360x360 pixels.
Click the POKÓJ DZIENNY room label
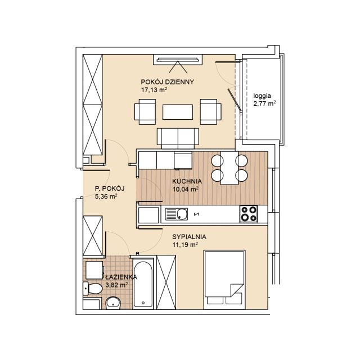click(x=168, y=82)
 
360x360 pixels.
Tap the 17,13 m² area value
click(x=154, y=90)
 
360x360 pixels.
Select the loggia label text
click(x=262, y=96)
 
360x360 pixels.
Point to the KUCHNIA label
click(x=187, y=181)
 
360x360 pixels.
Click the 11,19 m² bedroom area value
click(x=185, y=245)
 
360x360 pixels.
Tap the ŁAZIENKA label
click(x=121, y=277)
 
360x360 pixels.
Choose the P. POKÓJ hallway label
click(x=110, y=188)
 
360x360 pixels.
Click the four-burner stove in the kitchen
click(x=249, y=214)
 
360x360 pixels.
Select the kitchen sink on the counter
click(x=176, y=214)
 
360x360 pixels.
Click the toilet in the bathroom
click(x=92, y=289)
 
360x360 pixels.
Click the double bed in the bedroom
click(x=224, y=280)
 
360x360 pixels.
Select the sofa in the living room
click(x=178, y=138)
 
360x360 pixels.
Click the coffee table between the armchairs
click(x=178, y=112)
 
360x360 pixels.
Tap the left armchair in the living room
click(x=145, y=112)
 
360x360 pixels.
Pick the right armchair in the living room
click(x=211, y=112)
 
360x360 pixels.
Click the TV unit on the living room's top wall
click(x=178, y=60)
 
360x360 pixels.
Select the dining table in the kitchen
click(x=229, y=168)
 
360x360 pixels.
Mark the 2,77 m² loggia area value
click(x=264, y=103)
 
